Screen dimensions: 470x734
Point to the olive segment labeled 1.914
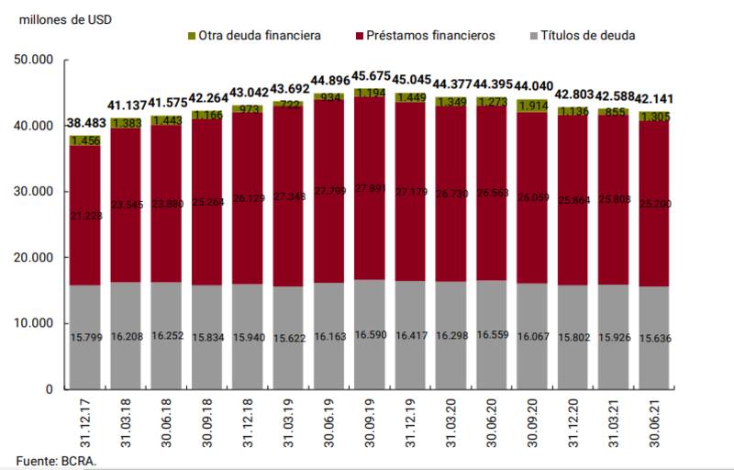[x=532, y=106]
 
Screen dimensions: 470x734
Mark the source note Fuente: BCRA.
[x=55, y=459]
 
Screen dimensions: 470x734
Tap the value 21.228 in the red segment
[x=84, y=216]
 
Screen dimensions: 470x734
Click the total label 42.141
[x=654, y=102]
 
